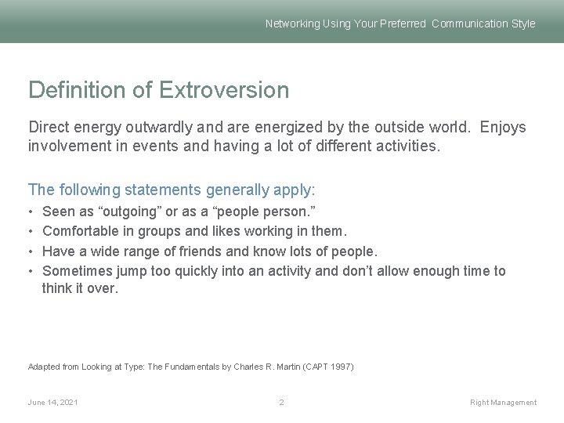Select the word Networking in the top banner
click(x=292, y=23)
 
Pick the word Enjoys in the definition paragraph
click(x=503, y=127)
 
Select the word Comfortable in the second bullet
click(x=80, y=232)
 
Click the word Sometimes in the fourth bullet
click(x=77, y=271)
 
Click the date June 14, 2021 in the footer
click(x=52, y=403)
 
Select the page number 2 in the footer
click(x=281, y=403)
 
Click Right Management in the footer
click(x=503, y=403)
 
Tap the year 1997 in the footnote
click(x=342, y=367)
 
